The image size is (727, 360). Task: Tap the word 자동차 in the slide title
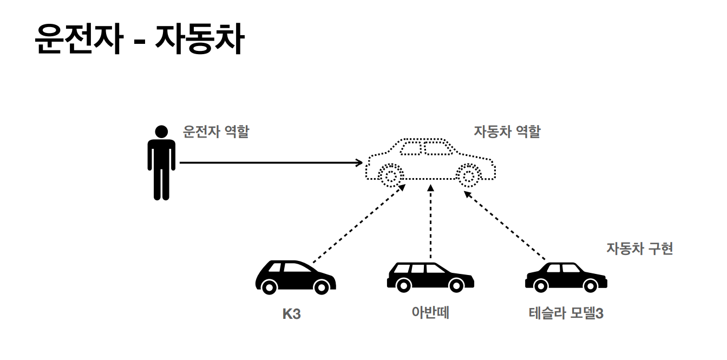(x=199, y=40)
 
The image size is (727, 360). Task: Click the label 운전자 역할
(x=216, y=132)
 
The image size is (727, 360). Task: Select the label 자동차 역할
(x=507, y=132)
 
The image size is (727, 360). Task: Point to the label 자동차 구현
(x=639, y=248)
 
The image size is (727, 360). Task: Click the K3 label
(x=291, y=314)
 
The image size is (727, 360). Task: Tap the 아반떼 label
(x=430, y=313)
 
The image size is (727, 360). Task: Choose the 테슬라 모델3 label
(x=566, y=313)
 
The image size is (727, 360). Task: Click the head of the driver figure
(x=161, y=132)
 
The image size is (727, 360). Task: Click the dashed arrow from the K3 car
(x=359, y=224)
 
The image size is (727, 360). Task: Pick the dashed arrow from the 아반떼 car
(x=431, y=222)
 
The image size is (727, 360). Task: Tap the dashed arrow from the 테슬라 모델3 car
(x=505, y=224)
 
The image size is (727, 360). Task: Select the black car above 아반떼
(x=430, y=276)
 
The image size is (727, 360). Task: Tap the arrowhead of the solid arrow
(x=359, y=162)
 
